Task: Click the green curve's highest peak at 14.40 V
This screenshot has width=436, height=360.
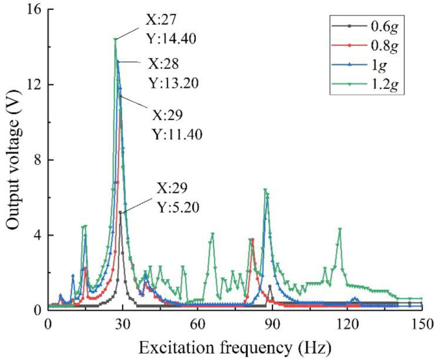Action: click(115, 40)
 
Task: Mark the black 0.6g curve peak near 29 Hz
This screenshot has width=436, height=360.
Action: click(120, 212)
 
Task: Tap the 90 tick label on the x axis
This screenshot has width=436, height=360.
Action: click(272, 323)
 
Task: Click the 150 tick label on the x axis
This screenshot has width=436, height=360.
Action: click(422, 323)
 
